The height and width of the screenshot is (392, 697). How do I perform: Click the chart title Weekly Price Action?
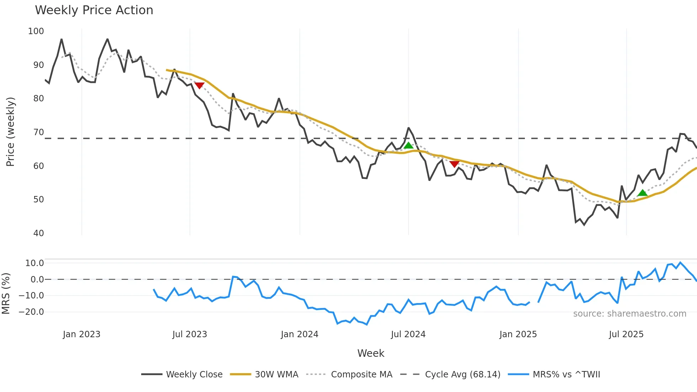tap(94, 10)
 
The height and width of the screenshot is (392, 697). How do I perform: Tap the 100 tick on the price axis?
tap(36, 31)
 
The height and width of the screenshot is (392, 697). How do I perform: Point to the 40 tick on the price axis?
tap(38, 233)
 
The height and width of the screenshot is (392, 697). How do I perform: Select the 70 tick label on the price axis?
tap(38, 132)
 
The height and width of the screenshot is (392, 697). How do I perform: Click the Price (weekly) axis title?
tap(10, 132)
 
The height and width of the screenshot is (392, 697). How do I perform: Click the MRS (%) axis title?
tap(6, 293)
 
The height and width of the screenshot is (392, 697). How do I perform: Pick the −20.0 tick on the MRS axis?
tap(31, 312)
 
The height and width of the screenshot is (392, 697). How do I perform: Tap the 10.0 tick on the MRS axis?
tap(34, 263)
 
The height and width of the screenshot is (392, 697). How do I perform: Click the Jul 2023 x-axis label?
tap(190, 334)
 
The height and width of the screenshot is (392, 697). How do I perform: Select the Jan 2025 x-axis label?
tap(518, 334)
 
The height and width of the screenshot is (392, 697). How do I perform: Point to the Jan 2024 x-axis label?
tap(299, 334)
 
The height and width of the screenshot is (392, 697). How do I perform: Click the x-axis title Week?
tap(371, 353)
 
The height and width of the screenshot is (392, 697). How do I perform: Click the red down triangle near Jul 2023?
tap(199, 86)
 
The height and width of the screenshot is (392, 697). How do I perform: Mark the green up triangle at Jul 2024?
tap(409, 145)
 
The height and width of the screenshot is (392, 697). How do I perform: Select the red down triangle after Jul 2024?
tap(454, 164)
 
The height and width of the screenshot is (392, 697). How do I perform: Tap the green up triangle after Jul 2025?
tap(642, 193)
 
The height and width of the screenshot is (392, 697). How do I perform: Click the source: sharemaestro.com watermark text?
tap(629, 314)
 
